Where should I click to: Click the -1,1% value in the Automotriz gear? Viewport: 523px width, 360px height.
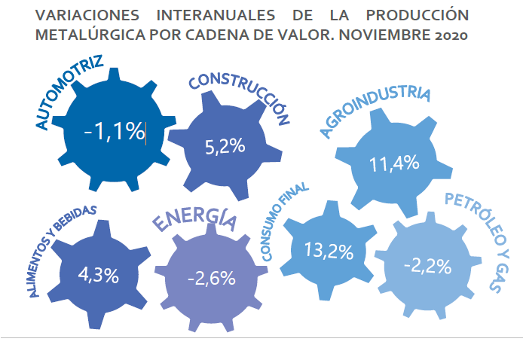pos(115,132)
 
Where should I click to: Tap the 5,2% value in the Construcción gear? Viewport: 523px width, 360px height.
pos(225,147)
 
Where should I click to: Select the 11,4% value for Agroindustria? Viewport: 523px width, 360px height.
pos(394,163)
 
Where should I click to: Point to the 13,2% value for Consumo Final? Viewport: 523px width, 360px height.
pos(329,251)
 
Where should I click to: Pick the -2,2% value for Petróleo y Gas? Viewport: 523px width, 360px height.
pos(428,267)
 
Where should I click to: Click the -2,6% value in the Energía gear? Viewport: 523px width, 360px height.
pos(212,278)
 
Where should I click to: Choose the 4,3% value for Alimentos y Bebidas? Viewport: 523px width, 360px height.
pos(99,276)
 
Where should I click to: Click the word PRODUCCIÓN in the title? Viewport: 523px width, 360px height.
pos(417,15)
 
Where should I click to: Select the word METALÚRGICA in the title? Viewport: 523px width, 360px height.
pos(90,35)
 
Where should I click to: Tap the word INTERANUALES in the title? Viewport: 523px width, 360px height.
pos(216,15)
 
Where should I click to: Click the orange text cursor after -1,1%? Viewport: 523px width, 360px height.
pos(145,133)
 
